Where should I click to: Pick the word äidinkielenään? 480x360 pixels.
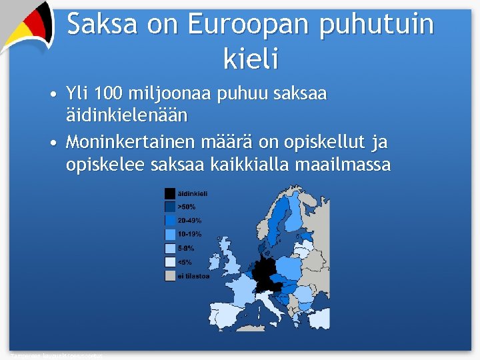point(127,115)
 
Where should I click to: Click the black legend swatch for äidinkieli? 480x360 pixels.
point(170,193)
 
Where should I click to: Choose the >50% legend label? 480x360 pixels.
point(187,207)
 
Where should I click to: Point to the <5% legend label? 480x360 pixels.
point(185,262)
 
